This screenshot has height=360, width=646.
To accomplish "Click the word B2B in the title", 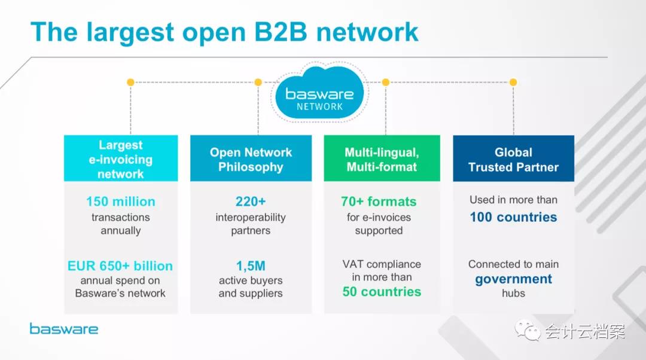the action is (281, 32).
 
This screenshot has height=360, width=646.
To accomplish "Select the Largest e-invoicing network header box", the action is (121, 158).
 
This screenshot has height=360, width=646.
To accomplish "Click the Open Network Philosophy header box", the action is (251, 158).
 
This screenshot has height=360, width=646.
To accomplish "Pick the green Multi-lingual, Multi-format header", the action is (382, 158).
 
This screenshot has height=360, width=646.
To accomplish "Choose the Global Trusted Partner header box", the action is (513, 158).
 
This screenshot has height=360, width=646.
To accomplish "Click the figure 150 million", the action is (121, 202).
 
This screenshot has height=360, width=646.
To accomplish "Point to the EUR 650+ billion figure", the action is (120, 266).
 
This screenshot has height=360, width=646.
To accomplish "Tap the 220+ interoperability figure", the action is (251, 202).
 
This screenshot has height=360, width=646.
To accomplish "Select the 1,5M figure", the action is (251, 266).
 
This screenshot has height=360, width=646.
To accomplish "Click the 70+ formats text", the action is (379, 202).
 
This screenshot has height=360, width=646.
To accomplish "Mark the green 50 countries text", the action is (382, 292).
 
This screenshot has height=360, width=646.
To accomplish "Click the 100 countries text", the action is (513, 217).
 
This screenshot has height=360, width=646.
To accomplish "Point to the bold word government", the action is (513, 279).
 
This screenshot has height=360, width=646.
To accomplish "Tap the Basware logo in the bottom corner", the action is (64, 329).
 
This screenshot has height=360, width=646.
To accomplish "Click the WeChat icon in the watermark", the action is (528, 330).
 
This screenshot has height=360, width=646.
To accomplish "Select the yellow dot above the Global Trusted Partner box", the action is (513, 83).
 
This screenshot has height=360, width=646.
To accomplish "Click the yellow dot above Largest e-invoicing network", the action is (130, 83).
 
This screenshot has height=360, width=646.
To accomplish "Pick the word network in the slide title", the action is (367, 32).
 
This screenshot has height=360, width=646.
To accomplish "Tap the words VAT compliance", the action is (382, 264).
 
